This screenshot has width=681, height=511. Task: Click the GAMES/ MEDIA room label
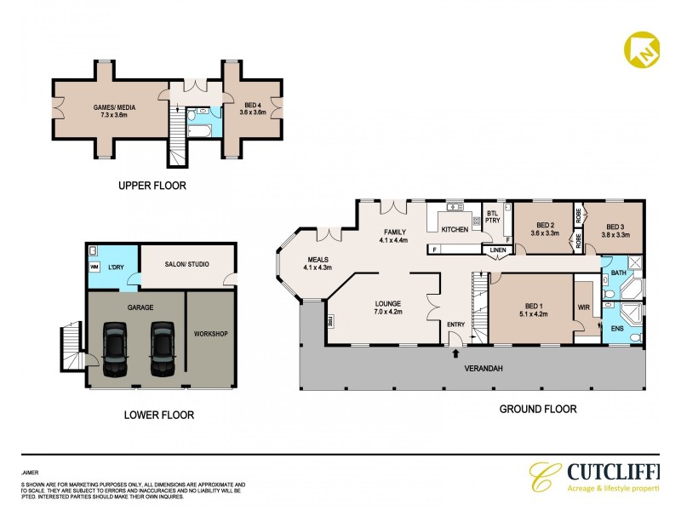coord(109,108)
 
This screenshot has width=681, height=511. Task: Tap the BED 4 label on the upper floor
coord(253,108)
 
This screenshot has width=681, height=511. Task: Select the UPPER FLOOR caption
coord(153,185)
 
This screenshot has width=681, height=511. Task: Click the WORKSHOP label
coord(211,333)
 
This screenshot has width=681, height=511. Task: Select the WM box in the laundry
coord(94,267)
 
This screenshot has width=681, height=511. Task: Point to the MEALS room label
coord(315,264)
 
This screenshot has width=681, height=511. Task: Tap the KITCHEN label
coord(455,230)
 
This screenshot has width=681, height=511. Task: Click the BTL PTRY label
coord(492,217)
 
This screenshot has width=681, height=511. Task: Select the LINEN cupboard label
coord(498,250)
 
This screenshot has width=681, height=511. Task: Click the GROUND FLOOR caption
coord(537,409)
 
